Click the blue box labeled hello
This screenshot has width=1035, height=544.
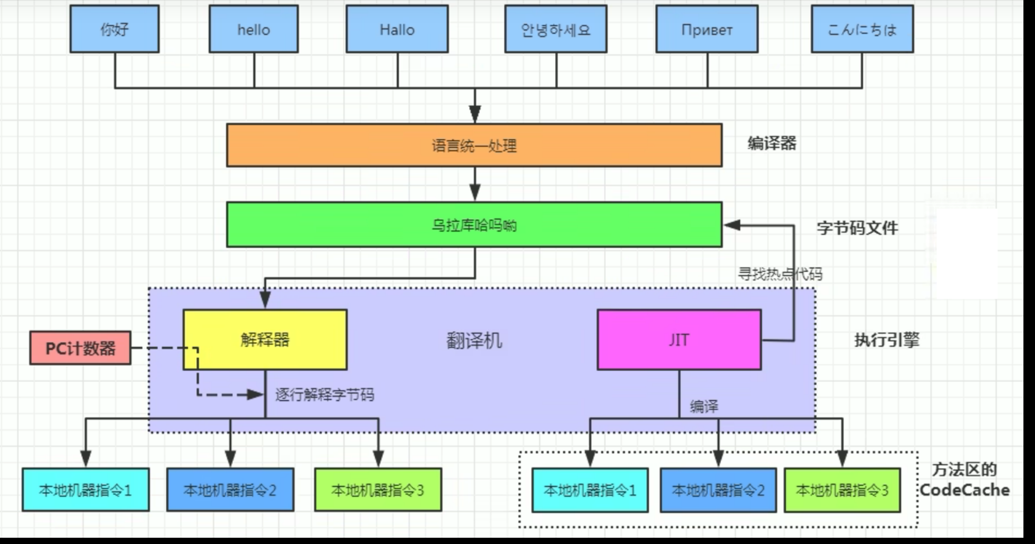(x=254, y=29)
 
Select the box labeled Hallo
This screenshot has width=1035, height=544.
(x=397, y=29)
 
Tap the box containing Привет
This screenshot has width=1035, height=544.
(x=707, y=29)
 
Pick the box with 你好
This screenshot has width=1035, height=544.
(x=114, y=29)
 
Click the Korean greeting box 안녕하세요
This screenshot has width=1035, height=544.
(x=556, y=29)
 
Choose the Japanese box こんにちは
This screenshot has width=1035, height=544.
(x=862, y=29)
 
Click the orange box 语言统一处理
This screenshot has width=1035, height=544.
(x=474, y=145)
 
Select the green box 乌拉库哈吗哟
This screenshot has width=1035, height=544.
(x=474, y=225)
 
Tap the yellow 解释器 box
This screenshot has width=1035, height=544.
(x=265, y=340)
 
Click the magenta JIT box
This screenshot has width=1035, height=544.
(x=679, y=340)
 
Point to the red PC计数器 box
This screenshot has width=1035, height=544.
(x=80, y=348)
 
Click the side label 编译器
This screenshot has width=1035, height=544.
(x=772, y=143)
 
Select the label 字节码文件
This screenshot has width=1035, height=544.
(x=857, y=227)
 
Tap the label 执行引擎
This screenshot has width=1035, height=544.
(x=886, y=340)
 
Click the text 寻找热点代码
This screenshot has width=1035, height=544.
(x=780, y=274)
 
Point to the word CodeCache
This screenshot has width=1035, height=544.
(x=965, y=490)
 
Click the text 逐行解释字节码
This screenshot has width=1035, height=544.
(x=325, y=395)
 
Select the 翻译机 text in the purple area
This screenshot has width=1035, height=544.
(x=474, y=341)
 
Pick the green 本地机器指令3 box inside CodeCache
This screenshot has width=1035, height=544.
(x=842, y=490)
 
